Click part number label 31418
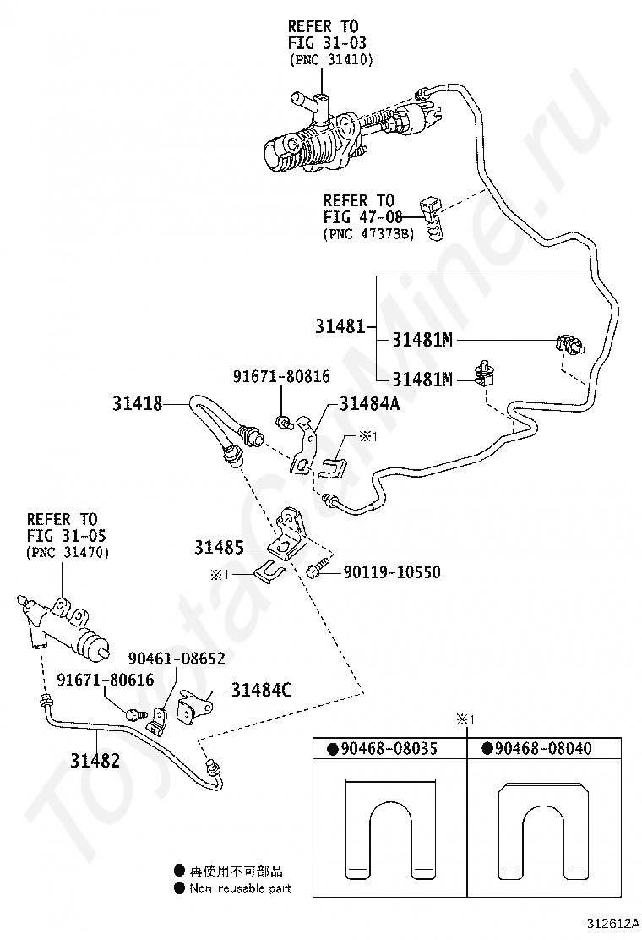[x=137, y=403]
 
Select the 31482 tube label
[x=95, y=760]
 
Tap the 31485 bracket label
[x=219, y=547]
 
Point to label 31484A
[x=369, y=403]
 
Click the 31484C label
[x=262, y=690]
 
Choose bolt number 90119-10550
[x=392, y=572]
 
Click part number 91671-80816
[x=281, y=376]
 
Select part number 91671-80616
[x=106, y=680]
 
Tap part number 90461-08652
[x=177, y=659]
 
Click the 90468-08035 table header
[x=389, y=748]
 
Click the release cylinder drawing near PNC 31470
[x=62, y=626]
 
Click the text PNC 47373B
[x=369, y=234]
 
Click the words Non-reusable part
[x=240, y=888]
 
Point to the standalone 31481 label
[x=340, y=326]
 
